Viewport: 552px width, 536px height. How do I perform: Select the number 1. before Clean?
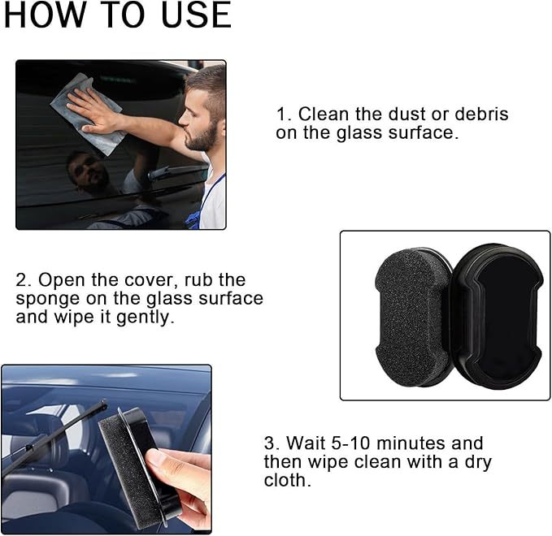[283, 115]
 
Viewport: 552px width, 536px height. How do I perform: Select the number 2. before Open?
[24, 280]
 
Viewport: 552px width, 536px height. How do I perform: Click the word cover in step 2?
[144, 280]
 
